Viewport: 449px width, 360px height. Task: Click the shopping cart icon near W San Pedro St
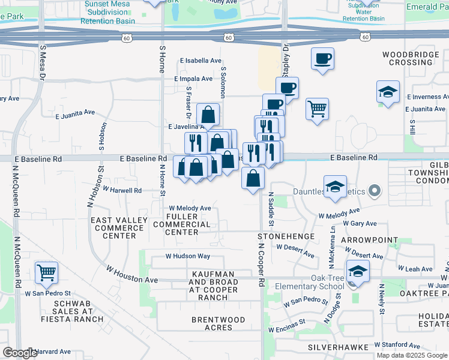pyautogui.click(x=46, y=272)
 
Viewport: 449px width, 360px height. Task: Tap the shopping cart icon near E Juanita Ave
pyautogui.click(x=317, y=109)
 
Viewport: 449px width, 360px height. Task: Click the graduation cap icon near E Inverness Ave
pyautogui.click(x=388, y=92)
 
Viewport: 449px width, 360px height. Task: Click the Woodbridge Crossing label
pyautogui.click(x=411, y=58)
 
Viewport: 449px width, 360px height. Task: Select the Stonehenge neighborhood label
pyautogui.click(x=286, y=236)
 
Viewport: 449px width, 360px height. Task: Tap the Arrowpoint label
pyautogui.click(x=369, y=240)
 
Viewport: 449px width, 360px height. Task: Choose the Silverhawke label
pyautogui.click(x=337, y=347)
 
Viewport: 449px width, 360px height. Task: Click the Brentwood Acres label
pyautogui.click(x=218, y=323)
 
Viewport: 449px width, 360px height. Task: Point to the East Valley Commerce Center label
pyautogui.click(x=119, y=228)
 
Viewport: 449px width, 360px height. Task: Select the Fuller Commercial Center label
pyautogui.click(x=190, y=224)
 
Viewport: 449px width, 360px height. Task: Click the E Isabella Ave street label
pyautogui.click(x=201, y=61)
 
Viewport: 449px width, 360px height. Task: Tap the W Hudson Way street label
pyautogui.click(x=188, y=256)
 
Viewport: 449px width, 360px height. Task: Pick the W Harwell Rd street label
pyautogui.click(x=122, y=190)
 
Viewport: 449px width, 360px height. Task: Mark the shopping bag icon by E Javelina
pyautogui.click(x=208, y=113)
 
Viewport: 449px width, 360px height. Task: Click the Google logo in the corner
pyautogui.click(x=20, y=353)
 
